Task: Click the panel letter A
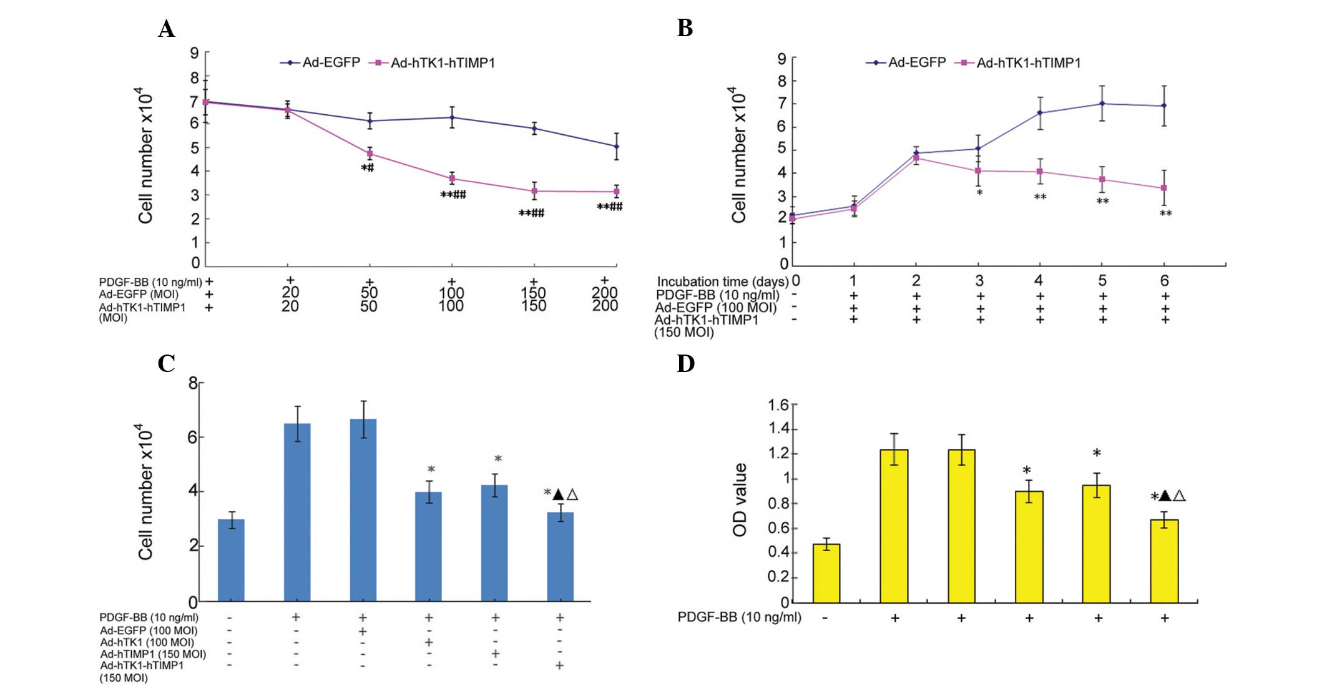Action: click(166, 29)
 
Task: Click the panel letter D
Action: click(685, 363)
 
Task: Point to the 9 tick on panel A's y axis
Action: click(195, 54)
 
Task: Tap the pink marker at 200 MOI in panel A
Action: click(617, 192)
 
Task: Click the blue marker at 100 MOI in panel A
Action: click(452, 117)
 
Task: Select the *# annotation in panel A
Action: click(368, 168)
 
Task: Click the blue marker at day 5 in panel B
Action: click(1102, 104)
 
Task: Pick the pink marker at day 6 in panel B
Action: click(1164, 188)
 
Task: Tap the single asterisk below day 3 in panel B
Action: click(980, 193)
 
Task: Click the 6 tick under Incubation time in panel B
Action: click(1164, 281)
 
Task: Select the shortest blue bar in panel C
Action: click(231, 560)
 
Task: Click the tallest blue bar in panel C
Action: click(363, 510)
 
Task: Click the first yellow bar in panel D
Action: click(826, 573)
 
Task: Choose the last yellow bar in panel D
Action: click(1164, 561)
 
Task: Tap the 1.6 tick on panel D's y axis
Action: click(778, 405)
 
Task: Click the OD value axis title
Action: click(740, 500)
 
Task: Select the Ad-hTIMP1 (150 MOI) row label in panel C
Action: click(153, 654)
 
